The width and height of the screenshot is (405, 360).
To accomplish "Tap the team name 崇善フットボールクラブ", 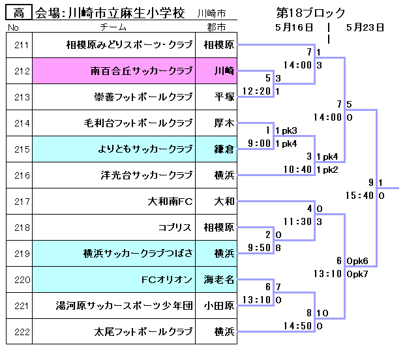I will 143,97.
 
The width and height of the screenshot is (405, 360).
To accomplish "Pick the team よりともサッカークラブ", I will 144,149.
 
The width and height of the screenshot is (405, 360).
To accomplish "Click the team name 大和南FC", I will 171,202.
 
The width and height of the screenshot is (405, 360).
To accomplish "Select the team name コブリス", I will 175,228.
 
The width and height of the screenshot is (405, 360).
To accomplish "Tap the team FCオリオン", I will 167,280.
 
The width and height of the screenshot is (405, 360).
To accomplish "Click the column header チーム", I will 113,27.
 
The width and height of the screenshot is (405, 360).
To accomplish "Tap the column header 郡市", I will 216,27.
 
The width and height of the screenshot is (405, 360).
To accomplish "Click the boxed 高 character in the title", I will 19,12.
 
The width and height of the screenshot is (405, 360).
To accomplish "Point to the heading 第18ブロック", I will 311,12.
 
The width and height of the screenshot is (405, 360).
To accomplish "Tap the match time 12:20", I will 256,91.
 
